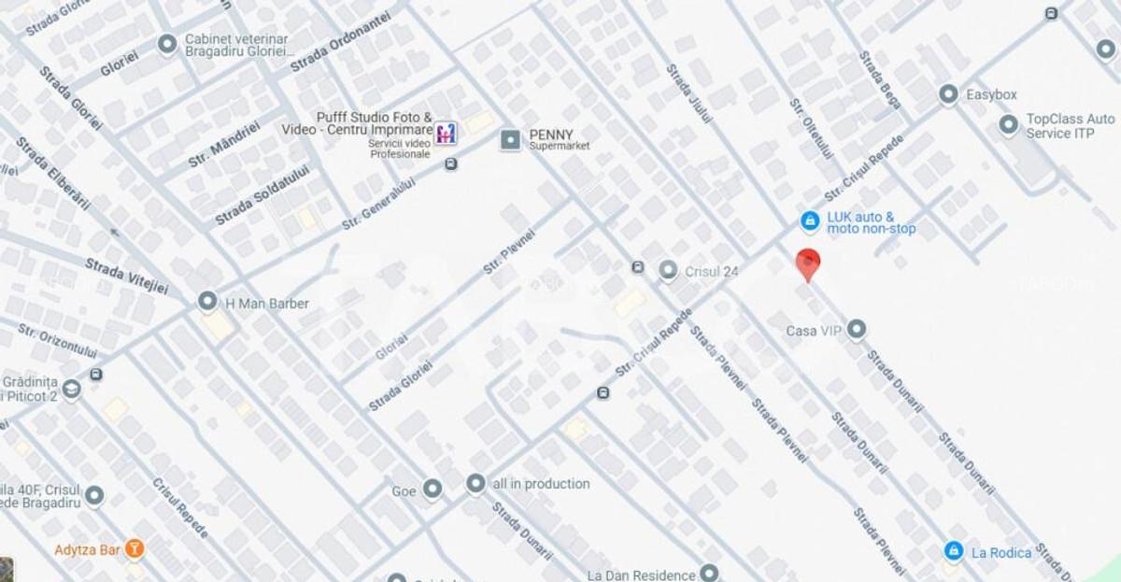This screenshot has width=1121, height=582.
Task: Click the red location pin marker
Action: (x=808, y=263)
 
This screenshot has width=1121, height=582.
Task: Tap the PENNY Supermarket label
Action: (x=551, y=139)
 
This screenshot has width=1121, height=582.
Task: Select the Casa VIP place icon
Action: (x=856, y=329)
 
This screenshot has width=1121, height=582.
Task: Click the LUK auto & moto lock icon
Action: (x=810, y=221)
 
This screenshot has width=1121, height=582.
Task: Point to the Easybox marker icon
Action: (x=948, y=94)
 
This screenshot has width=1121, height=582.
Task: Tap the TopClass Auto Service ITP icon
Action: (x=1008, y=124)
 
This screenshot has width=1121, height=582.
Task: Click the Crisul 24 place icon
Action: (x=668, y=271)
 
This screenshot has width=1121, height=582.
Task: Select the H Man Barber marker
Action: (x=207, y=302)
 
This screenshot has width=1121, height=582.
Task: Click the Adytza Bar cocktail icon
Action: (x=135, y=549)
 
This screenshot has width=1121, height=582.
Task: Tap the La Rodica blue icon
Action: (x=953, y=551)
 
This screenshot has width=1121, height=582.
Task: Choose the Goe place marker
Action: (x=432, y=489)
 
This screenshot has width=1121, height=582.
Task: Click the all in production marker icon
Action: (x=476, y=483)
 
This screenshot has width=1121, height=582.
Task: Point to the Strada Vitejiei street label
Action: (x=127, y=276)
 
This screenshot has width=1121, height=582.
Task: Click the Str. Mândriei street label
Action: (x=224, y=145)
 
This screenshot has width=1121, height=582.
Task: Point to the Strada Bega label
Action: (x=879, y=79)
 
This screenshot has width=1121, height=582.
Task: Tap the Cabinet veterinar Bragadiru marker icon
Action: (x=167, y=44)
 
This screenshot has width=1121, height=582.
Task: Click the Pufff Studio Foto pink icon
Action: (x=447, y=133)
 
